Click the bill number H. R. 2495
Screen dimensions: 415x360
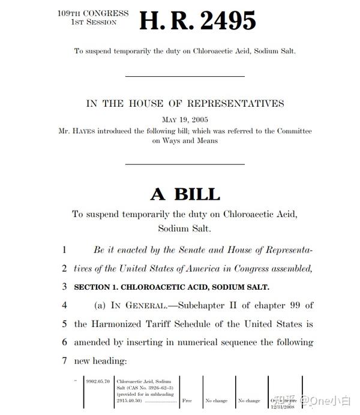point(197,22)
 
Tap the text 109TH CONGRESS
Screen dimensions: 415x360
point(93,13)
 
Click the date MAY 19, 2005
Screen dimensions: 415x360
point(185,120)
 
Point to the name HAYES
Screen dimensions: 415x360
point(87,131)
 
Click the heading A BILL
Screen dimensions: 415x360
point(185,194)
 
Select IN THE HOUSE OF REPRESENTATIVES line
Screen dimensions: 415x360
point(185,103)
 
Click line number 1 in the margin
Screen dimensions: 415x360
point(64,249)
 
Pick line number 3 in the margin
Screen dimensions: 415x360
point(64,287)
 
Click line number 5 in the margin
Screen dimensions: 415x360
point(64,324)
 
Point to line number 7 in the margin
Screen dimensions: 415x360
point(64,361)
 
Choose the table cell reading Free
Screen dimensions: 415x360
point(187,400)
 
